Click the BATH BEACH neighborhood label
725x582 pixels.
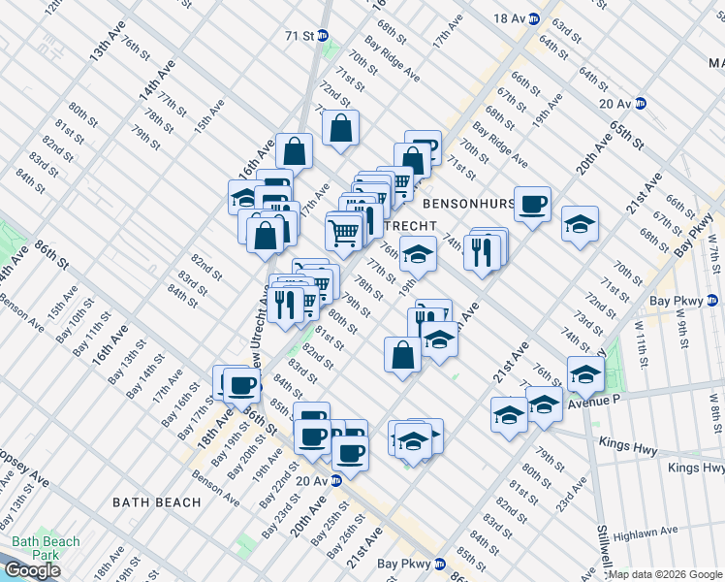[x=156, y=501]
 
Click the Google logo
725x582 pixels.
[x=32, y=570]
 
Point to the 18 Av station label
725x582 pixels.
[x=508, y=18]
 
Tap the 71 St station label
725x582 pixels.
[x=300, y=36]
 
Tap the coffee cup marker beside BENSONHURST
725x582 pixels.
[x=532, y=205]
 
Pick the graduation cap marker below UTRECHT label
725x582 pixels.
[x=418, y=254]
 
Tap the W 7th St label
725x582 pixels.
[x=712, y=258]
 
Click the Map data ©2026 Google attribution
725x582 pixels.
[x=665, y=574]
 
